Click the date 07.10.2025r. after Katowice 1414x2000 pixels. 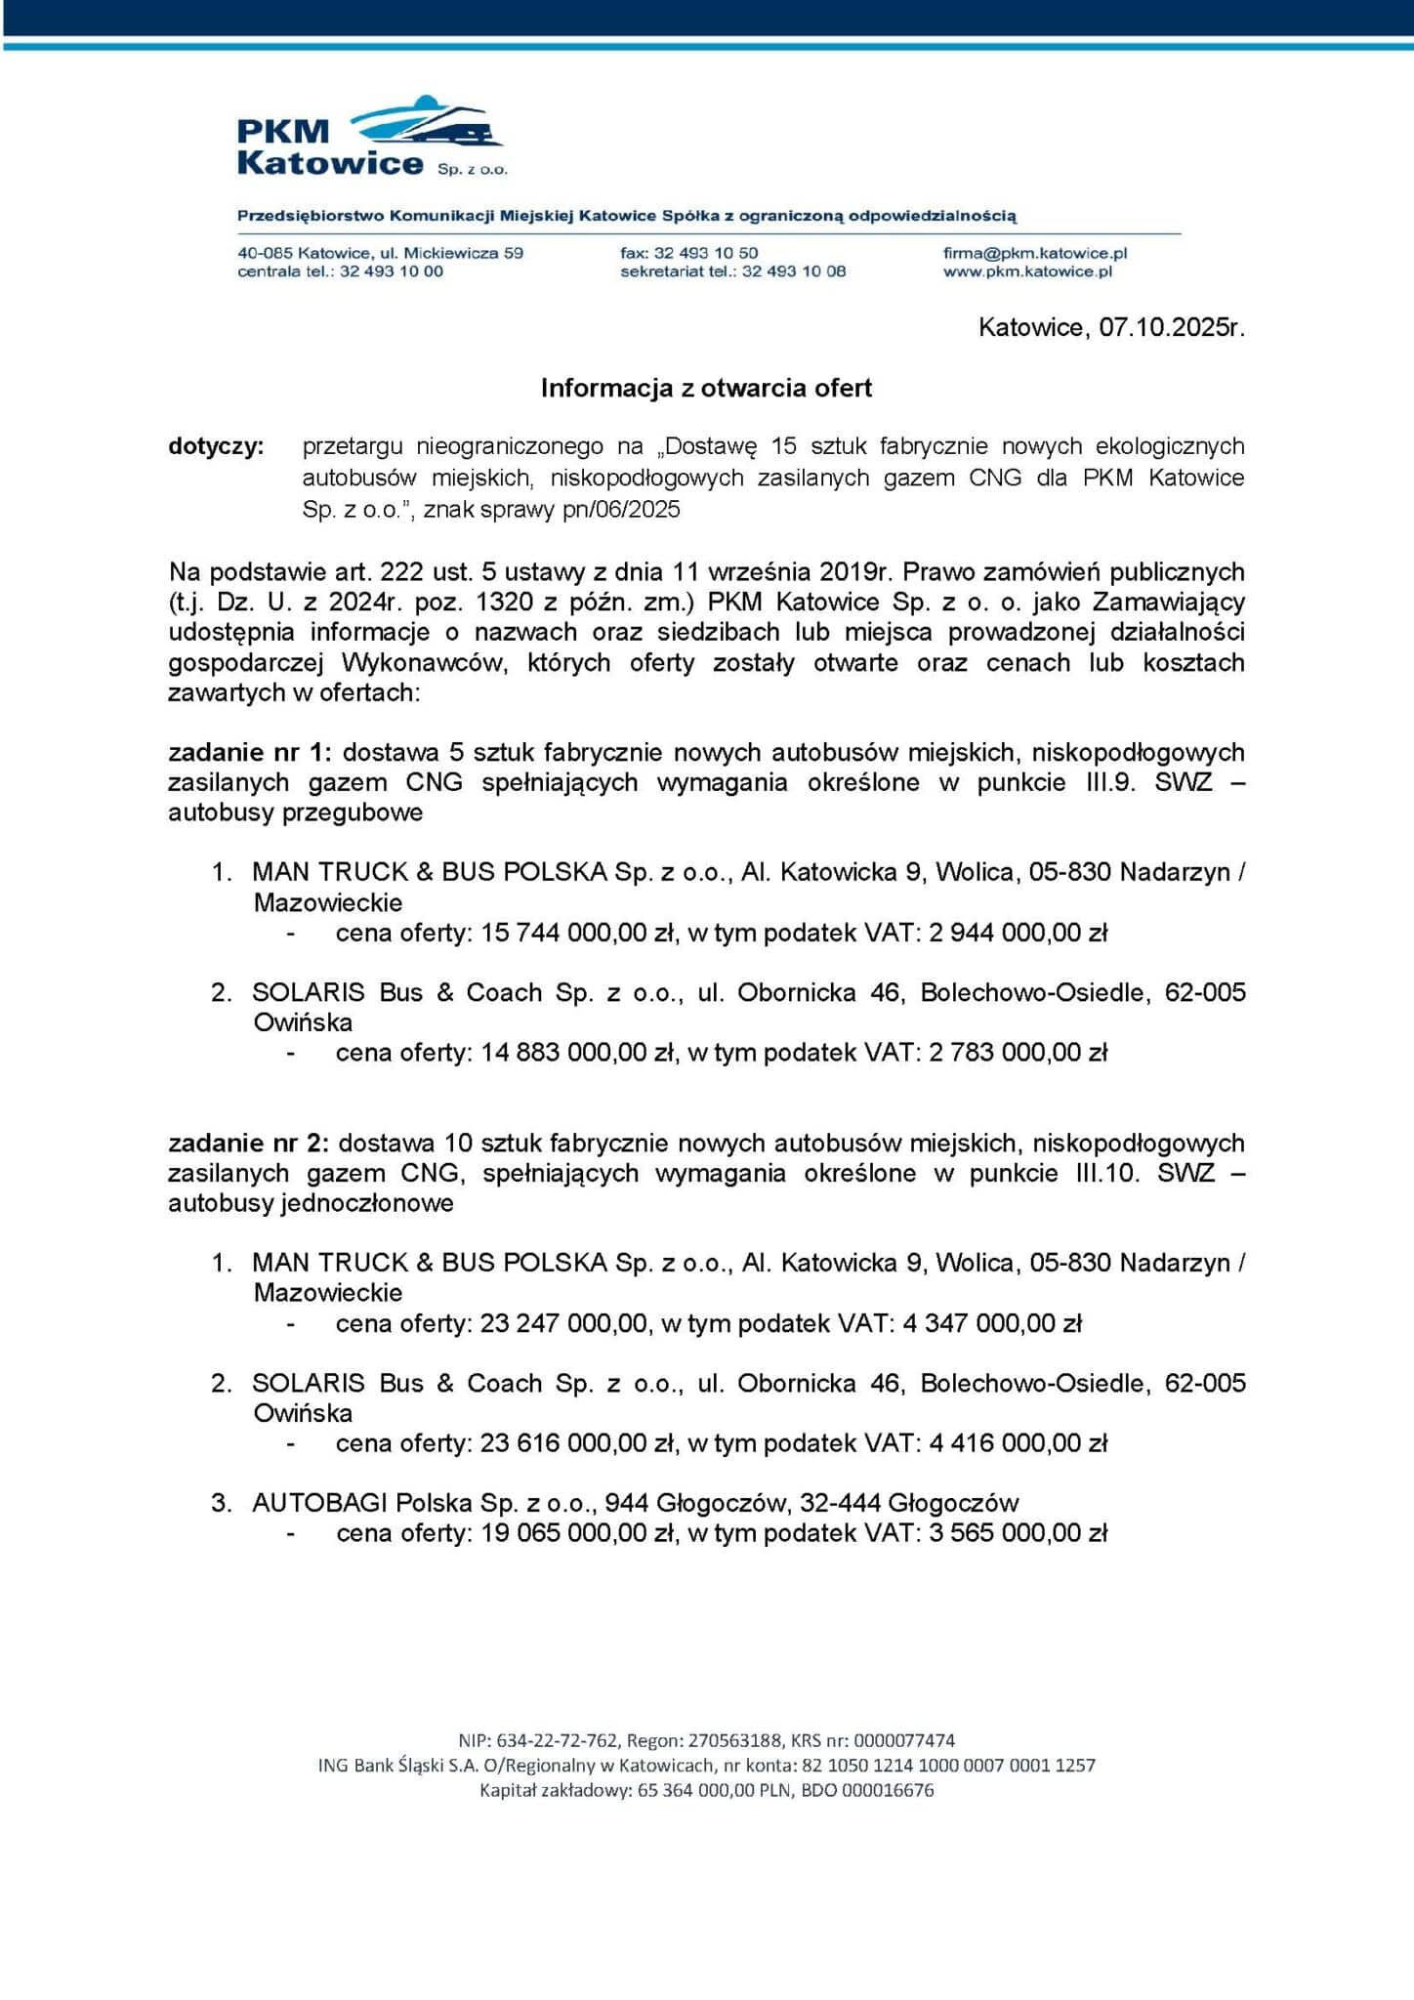pyautogui.click(x=1172, y=327)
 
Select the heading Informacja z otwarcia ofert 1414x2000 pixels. pyautogui.click(x=706, y=389)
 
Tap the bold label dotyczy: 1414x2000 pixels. pyautogui.click(x=216, y=446)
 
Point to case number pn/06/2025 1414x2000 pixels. pyautogui.click(x=621, y=510)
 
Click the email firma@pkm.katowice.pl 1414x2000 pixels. pyautogui.click(x=1034, y=253)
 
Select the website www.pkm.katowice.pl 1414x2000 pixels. pyautogui.click(x=1027, y=271)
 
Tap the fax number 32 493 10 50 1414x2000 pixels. pyautogui.click(x=705, y=253)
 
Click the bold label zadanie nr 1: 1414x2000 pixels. pyautogui.click(x=250, y=752)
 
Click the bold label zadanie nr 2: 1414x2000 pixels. pyautogui.click(x=248, y=1143)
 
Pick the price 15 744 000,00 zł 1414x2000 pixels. pyautogui.click(x=579, y=933)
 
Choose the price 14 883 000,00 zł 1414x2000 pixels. pyautogui.click(x=579, y=1053)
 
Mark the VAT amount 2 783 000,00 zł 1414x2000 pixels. pyautogui.click(x=1018, y=1053)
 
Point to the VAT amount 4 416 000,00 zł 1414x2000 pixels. pyautogui.click(x=1018, y=1443)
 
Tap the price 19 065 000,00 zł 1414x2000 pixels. pyautogui.click(x=579, y=1533)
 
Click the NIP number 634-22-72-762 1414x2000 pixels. pyautogui.click(x=557, y=1740)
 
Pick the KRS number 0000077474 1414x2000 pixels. pyautogui.click(x=904, y=1740)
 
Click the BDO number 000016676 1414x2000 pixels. pyautogui.click(x=888, y=1790)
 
